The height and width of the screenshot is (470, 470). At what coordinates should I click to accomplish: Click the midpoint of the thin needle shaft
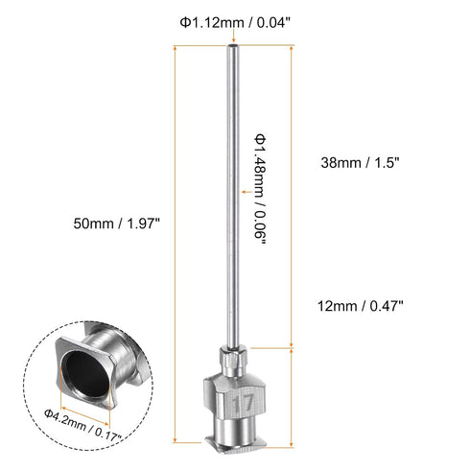(x=232, y=192)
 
